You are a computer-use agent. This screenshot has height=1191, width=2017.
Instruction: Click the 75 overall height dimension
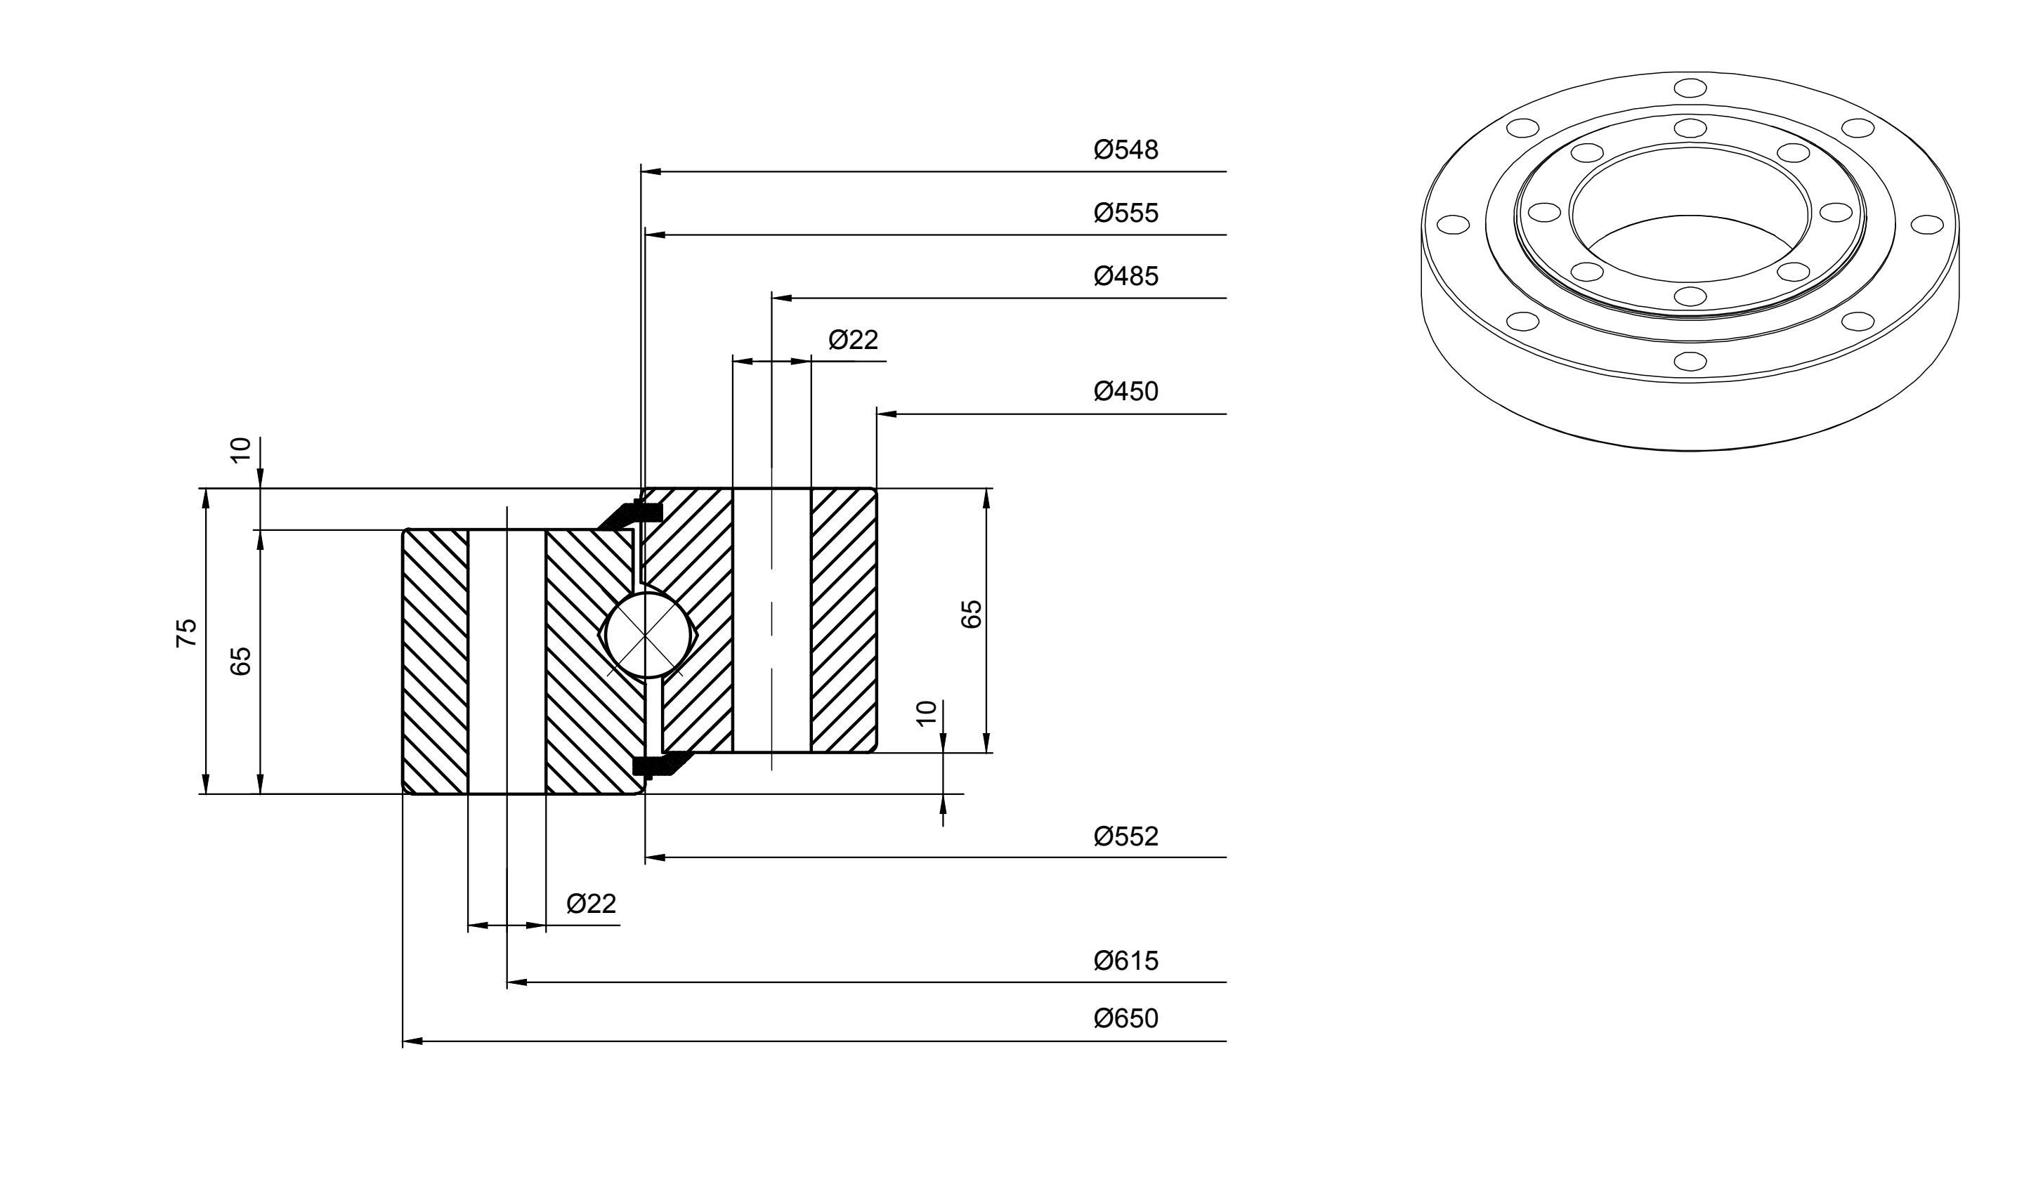point(186,633)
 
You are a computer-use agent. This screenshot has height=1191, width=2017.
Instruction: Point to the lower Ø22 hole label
point(591,904)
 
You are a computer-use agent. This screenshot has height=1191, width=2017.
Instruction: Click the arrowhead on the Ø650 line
point(412,1041)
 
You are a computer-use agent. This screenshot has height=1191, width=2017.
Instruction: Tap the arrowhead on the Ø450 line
point(887,414)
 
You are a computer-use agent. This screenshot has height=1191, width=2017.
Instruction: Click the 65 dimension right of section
point(972,614)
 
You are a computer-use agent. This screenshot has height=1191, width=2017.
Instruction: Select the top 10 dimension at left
point(241,450)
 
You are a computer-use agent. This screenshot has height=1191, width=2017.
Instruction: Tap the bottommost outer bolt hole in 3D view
point(1690,361)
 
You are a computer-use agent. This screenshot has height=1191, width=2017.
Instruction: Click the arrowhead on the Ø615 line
point(517,982)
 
